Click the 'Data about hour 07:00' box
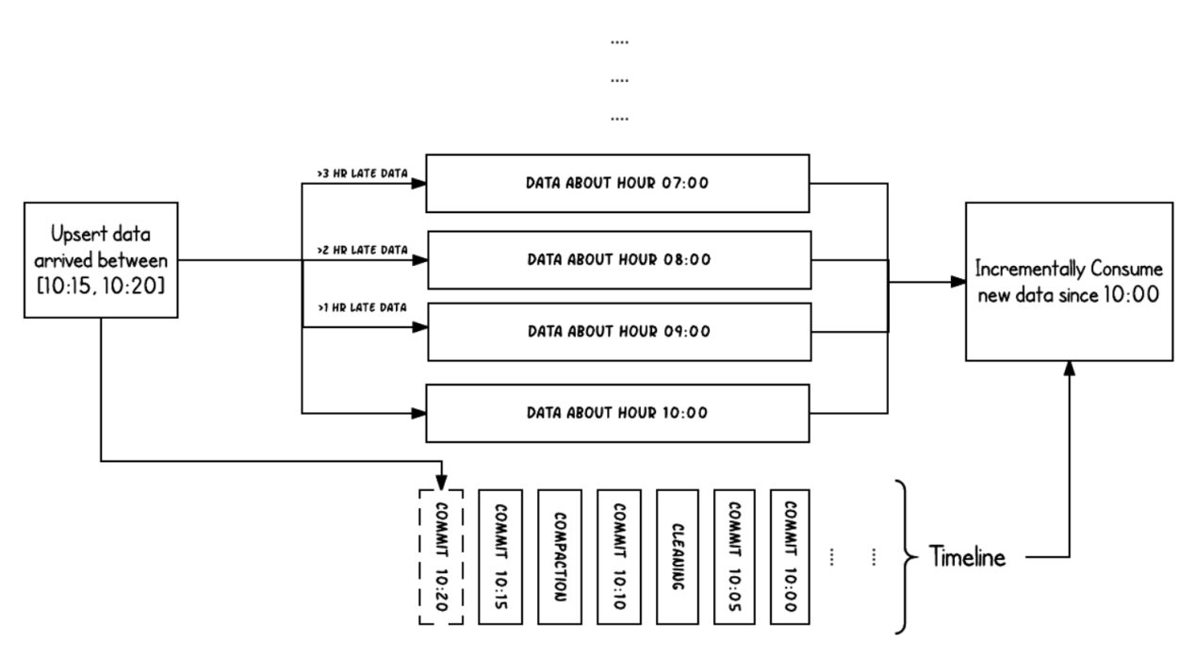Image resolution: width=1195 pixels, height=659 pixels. pos(617,184)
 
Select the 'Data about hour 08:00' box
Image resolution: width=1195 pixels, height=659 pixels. pos(619,260)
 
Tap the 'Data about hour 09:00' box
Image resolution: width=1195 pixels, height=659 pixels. pos(619,332)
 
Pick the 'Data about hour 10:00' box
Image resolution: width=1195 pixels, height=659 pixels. pos(617,413)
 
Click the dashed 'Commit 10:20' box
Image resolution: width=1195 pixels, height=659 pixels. pos(441,556)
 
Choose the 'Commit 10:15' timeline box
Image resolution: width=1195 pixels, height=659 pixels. pos(500,556)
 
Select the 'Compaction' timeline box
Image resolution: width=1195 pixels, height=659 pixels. pos(560,556)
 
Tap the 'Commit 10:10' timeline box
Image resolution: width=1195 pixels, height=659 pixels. pos(619,556)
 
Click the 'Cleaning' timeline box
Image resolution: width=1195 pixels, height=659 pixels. pos(678,556)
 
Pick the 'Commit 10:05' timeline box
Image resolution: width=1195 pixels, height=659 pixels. pos(734,556)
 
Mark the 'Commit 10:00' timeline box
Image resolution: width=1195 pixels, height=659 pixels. pos(790,556)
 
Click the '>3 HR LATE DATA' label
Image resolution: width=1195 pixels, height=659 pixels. pos(362,173)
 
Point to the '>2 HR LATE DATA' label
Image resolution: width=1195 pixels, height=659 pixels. pos(362,250)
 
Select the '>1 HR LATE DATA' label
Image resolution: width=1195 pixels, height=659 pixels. pos(362,307)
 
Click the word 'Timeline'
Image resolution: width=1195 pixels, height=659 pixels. pos(967,556)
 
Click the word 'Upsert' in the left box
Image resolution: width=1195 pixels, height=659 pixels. pos(74,234)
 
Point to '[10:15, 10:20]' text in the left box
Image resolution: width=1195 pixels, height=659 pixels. pos(101,286)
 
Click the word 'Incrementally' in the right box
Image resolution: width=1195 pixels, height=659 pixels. pos(1030,269)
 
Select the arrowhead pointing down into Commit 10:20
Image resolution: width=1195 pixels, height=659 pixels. pos(441,482)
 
